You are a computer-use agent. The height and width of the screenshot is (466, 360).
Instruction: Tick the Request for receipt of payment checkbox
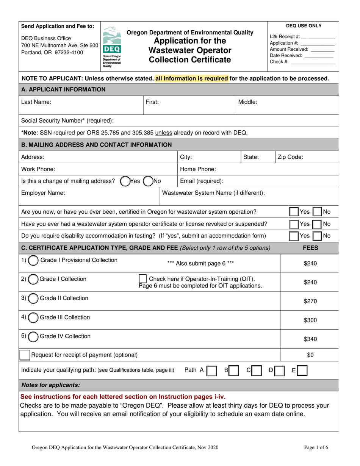tap(25, 355)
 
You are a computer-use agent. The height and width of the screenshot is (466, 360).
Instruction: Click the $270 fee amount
tap(310, 302)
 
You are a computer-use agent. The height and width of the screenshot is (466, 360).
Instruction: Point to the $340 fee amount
tap(310, 339)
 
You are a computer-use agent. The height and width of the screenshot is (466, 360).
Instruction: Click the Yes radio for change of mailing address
tap(125, 181)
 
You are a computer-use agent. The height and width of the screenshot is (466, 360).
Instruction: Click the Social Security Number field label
tap(67, 121)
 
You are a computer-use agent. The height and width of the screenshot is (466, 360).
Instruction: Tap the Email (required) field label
tap(202, 181)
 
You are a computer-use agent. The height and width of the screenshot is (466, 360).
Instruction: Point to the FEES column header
tap(310, 248)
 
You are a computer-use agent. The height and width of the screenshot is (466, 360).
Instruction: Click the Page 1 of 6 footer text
tap(316, 447)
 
